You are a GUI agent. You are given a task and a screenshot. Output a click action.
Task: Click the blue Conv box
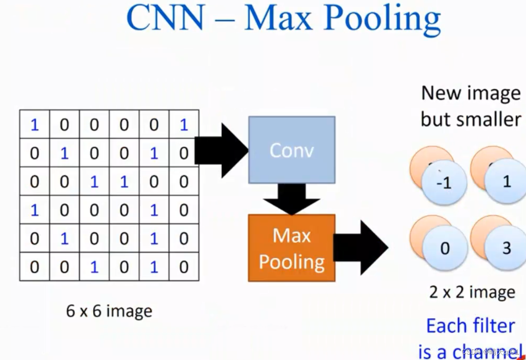pos(291,150)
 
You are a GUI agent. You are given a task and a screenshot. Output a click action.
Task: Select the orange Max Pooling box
pos(291,248)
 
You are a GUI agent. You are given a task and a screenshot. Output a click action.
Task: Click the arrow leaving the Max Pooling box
pos(361,248)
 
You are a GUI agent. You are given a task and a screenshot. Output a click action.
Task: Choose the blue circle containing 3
pos(506,249)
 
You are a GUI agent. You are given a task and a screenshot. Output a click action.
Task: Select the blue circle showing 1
pos(506,182)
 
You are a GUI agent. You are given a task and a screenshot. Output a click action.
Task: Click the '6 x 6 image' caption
pos(109,311)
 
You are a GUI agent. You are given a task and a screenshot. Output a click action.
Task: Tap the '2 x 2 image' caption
pos(472,292)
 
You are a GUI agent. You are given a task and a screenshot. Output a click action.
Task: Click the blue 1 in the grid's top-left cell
pos(34,125)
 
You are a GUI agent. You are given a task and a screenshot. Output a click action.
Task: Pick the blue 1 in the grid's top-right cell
pos(184,125)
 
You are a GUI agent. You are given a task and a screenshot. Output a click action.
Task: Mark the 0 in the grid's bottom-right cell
pos(184,267)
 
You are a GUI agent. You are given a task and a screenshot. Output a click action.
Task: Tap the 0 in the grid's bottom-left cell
pos(34,267)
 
